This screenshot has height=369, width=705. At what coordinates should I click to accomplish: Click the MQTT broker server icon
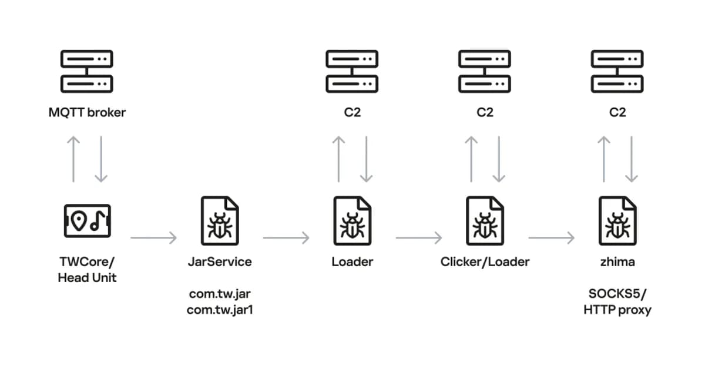coord(87,71)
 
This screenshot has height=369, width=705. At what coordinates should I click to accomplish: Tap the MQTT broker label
coord(87,112)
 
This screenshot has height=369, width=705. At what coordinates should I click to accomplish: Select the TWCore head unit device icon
coord(87,221)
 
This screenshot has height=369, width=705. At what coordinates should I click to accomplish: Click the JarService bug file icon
coord(220,221)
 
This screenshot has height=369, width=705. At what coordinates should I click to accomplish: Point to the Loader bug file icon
coord(352,221)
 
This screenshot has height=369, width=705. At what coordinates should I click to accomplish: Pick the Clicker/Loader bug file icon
coord(485,221)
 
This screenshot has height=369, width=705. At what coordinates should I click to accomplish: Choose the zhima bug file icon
coord(617,221)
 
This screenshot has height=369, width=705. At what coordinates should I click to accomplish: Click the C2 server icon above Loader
coord(352,71)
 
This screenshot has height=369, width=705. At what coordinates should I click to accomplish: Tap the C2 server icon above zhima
coord(617,71)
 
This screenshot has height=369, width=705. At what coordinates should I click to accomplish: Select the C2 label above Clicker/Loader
coord(485,112)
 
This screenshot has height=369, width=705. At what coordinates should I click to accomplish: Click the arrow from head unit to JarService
coord(153,238)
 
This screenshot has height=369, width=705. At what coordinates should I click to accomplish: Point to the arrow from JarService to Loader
coord(287,238)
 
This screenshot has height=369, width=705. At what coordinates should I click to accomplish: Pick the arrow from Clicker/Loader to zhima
coord(552,238)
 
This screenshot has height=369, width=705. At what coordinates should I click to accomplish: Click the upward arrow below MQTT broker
coord(73,159)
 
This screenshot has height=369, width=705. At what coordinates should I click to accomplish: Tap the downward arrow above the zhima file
coord(632,159)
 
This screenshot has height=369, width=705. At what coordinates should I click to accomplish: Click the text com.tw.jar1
coord(220,310)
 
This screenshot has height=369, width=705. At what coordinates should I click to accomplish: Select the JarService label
coord(220,262)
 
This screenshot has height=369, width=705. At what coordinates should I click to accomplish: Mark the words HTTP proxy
coord(617,310)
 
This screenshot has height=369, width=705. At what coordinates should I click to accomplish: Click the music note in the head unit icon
coord(98,220)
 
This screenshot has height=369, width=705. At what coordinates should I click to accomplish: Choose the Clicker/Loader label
coord(485,262)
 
